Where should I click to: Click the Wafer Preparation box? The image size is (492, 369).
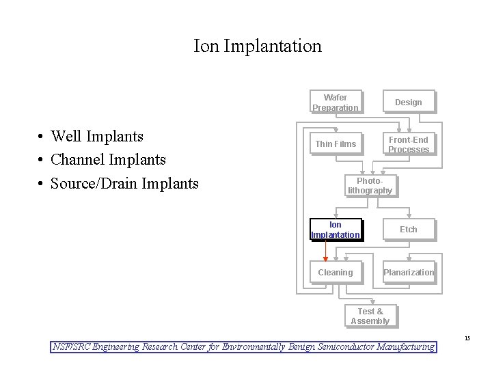(335, 102)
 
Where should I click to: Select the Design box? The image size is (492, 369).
(408, 102)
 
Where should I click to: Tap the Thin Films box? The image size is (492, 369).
(335, 144)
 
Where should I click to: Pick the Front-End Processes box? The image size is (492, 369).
(408, 144)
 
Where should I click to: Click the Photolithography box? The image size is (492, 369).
(370, 185)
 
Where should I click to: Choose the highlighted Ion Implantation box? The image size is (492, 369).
(335, 230)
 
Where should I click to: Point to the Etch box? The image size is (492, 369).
(408, 230)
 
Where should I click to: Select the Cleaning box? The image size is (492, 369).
(335, 272)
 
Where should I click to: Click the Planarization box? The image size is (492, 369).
(408, 272)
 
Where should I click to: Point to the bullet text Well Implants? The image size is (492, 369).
(97, 136)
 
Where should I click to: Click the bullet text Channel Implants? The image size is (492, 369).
(108, 159)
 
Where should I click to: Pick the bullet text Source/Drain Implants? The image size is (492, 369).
(124, 183)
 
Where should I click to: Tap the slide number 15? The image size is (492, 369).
(467, 338)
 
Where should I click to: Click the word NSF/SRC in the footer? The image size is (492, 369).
(72, 346)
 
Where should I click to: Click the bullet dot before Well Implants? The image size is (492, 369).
(42, 137)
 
